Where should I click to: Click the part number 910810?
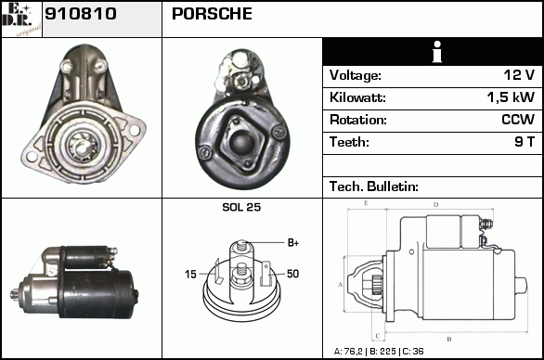(x=81, y=14)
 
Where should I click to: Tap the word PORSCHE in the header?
(x=212, y=14)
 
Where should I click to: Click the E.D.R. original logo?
(x=21, y=19)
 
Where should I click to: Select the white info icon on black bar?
(x=437, y=52)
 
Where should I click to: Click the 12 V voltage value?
(x=519, y=75)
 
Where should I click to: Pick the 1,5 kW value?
(x=511, y=97)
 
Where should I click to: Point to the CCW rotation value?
(x=518, y=120)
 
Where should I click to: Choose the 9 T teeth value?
(x=525, y=142)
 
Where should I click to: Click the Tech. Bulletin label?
(x=374, y=186)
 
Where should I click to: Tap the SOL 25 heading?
(x=241, y=207)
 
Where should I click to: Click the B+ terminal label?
(x=293, y=243)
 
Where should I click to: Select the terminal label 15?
(x=190, y=275)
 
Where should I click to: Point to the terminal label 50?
(x=292, y=274)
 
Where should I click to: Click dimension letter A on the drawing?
(x=340, y=285)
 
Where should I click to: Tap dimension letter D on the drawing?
(x=435, y=205)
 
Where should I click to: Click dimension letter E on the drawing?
(x=366, y=203)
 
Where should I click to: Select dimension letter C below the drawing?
(x=378, y=336)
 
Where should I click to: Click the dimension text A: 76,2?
(x=348, y=352)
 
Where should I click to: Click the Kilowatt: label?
(x=357, y=97)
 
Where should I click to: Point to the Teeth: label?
(x=349, y=142)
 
